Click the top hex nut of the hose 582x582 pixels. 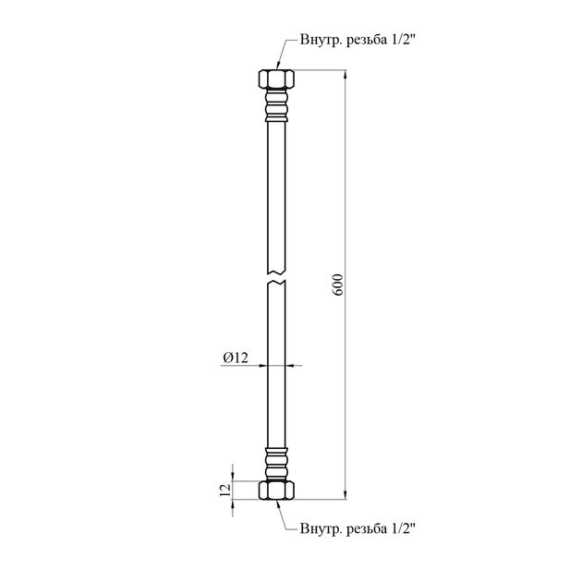pos(276,79)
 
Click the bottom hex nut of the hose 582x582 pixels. pos(276,490)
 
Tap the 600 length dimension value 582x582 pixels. pos(338,285)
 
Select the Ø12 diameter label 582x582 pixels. pos(236,358)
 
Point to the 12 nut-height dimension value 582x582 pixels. pos(225,491)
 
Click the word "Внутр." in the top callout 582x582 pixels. pos(321,40)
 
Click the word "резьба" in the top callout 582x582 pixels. pos(367,40)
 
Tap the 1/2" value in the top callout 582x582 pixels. pos(403,40)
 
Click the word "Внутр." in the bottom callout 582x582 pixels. pos(321,528)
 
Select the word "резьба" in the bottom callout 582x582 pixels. pos(367,529)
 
